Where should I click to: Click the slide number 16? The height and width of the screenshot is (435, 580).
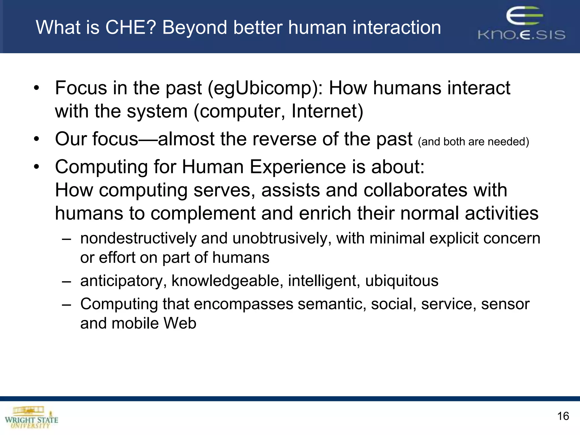(563, 416)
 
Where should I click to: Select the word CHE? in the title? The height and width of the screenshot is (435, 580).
(131, 27)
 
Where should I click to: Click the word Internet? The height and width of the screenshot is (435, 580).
(327, 111)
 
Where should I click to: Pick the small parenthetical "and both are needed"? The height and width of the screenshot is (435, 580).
(473, 142)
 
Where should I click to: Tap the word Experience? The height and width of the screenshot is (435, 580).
(297, 167)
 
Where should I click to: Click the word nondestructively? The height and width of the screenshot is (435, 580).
(138, 238)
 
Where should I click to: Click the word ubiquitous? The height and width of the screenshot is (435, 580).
(402, 281)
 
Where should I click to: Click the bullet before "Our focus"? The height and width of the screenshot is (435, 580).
(36, 139)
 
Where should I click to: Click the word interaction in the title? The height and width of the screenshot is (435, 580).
(396, 27)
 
